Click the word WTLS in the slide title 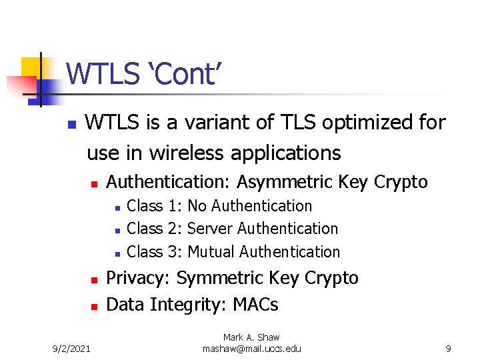(x=102, y=74)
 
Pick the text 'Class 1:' (x=154, y=206)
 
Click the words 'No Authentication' (x=249, y=206)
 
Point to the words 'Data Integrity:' (x=167, y=305)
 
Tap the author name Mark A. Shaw (x=251, y=338)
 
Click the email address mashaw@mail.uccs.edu (x=251, y=349)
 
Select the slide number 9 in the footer (x=448, y=348)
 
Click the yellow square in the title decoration (x=31, y=67)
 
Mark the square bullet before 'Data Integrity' (x=94, y=306)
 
